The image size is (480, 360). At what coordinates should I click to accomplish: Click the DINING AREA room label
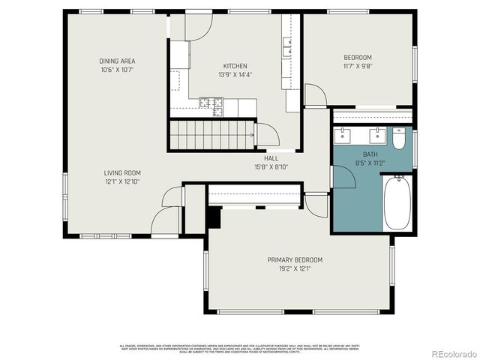117,61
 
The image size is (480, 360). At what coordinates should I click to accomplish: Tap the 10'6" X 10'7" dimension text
117,70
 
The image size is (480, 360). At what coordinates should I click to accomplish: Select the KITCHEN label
235,66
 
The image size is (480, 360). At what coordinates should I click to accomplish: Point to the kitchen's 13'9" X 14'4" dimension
235,75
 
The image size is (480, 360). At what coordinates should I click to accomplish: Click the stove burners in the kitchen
212,106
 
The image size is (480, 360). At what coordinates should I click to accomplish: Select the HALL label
271,158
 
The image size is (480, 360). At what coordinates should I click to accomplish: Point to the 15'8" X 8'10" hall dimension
271,167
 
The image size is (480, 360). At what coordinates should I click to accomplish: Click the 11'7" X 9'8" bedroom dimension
358,66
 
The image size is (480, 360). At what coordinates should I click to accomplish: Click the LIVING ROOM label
122,172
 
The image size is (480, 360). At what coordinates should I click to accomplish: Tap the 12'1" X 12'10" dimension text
122,181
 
